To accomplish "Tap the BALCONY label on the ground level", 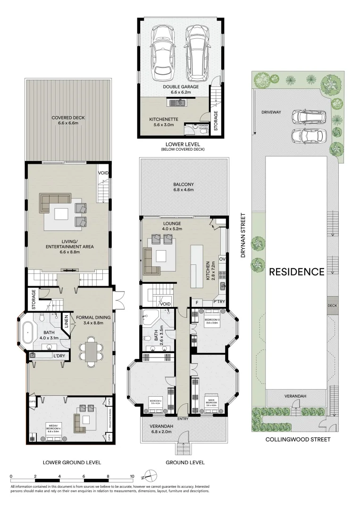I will pos(183,184).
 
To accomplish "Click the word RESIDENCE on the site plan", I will pos(297,272).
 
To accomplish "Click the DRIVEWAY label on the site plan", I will pos(271,112).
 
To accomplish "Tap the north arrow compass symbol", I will pos(150,476).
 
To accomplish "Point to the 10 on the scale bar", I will pos(132,476).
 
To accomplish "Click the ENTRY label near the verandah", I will pos(183,418).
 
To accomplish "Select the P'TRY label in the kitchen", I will pos(218,302).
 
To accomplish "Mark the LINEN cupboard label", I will pos(66,323).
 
